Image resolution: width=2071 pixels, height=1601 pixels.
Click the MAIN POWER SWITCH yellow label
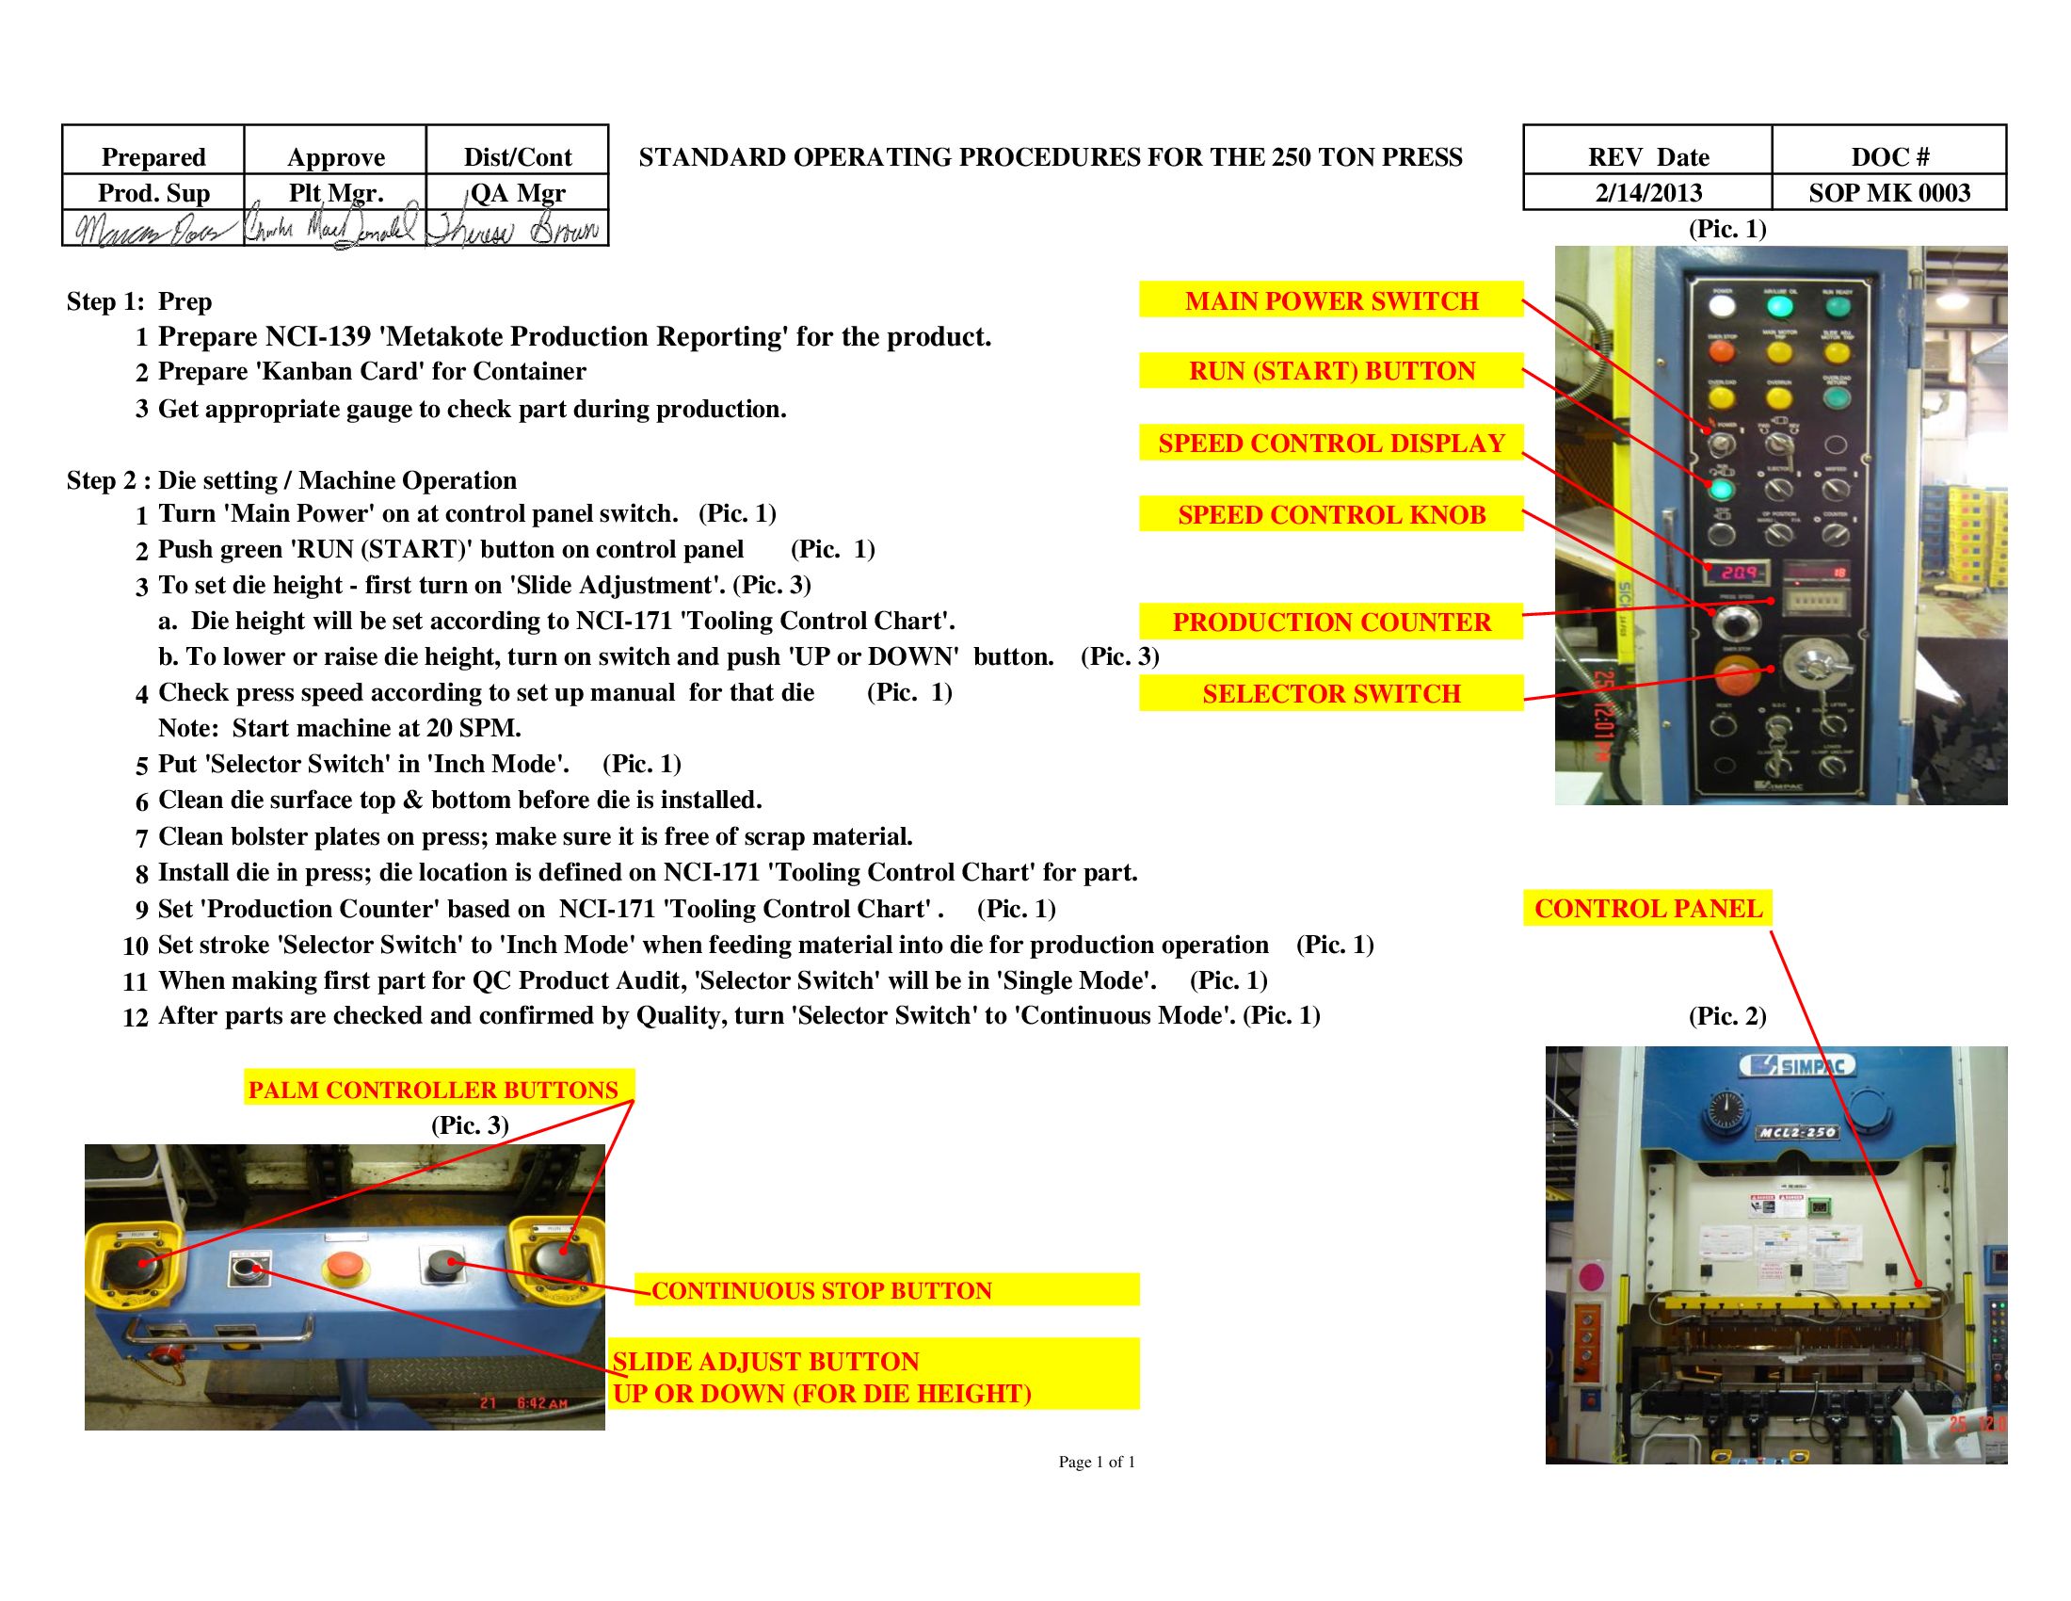[1330, 300]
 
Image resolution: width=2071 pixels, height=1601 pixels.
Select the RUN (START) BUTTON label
[1330, 371]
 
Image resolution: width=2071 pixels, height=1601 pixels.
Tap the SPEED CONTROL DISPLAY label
[1330, 443]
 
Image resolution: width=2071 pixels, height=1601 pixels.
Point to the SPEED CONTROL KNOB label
[1330, 514]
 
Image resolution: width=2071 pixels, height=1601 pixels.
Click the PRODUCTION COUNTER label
[1330, 622]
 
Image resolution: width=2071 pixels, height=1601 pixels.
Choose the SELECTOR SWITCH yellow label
[1330, 693]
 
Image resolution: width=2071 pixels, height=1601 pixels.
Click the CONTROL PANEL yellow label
[1647, 908]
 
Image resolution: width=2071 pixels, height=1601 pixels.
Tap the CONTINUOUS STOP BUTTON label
[821, 1290]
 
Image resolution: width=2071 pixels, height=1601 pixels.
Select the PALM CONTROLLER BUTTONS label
[433, 1089]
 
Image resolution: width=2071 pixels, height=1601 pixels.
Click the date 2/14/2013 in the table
[1648, 192]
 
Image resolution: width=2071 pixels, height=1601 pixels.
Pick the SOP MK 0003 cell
[1889, 192]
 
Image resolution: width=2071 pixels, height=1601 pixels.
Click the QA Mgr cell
[518, 192]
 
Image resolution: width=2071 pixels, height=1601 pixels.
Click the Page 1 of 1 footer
[1096, 1462]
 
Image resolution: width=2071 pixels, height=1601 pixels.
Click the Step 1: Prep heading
[139, 301]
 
